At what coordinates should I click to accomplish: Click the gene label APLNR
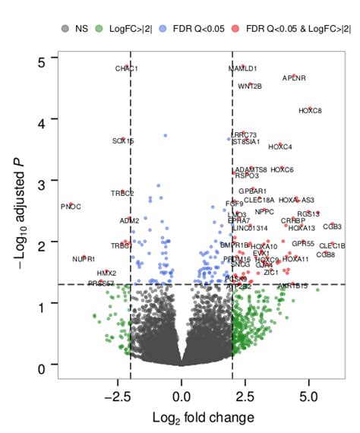[294, 77]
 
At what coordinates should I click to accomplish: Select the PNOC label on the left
[71, 207]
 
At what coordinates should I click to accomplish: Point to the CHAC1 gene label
[126, 69]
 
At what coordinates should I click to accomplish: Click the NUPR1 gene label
[84, 259]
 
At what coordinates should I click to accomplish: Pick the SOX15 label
[123, 141]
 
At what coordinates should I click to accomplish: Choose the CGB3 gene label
[332, 226]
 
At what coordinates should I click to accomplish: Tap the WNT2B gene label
[250, 86]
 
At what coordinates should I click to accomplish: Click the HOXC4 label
[280, 147]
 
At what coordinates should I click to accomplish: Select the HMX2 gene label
[106, 273]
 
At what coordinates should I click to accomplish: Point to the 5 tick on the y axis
[43, 59]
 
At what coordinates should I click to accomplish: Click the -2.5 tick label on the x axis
[118, 397]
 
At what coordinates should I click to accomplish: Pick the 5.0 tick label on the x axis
[308, 397]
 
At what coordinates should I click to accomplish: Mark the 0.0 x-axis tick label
[181, 397]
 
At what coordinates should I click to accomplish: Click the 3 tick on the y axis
[43, 182]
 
